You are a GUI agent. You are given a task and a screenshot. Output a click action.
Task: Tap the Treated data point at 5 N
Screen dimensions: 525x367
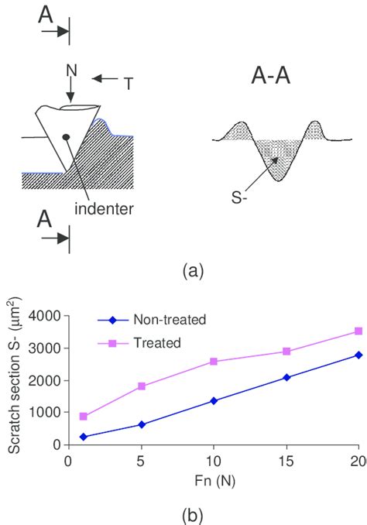pos(141,386)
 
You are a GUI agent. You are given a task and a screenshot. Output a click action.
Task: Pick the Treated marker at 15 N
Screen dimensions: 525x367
pos(286,352)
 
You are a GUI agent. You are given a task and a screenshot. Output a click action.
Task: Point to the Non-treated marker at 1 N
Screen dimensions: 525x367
pos(83,437)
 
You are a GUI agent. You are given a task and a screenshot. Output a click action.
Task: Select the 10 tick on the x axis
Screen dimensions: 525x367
pos(214,460)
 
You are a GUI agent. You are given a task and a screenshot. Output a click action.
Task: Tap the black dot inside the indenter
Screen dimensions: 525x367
pos(65,137)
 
